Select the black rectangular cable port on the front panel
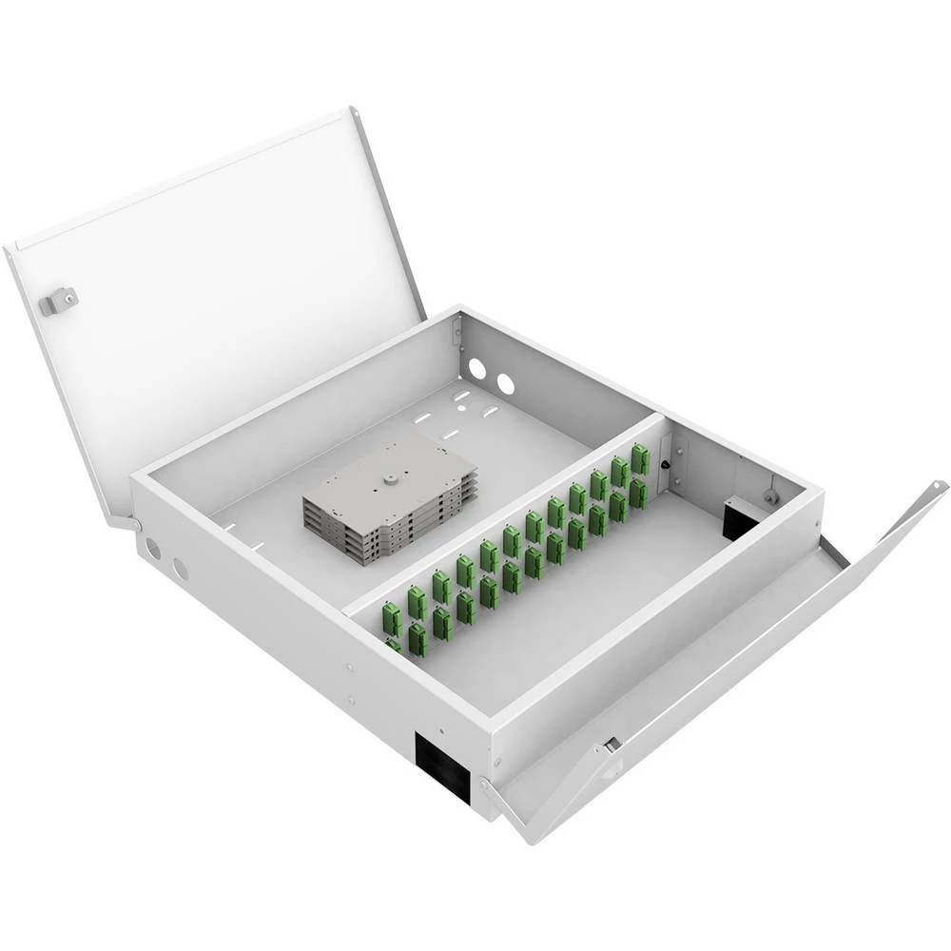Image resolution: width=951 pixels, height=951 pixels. point(443,767)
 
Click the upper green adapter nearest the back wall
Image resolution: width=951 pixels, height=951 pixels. point(640,459)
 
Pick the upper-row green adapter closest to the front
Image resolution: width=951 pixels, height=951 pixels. point(391,618)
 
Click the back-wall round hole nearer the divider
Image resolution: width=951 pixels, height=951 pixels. point(505,384)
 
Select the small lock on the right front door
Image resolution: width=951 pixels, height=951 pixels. point(611,745)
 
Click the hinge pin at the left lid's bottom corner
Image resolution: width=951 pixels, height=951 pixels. point(135,524)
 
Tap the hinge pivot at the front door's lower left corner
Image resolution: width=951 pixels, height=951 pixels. point(488,785)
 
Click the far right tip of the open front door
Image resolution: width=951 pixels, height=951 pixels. point(942,487)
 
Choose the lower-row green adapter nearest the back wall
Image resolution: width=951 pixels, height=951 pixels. point(638,492)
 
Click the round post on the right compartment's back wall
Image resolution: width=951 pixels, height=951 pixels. point(770,495)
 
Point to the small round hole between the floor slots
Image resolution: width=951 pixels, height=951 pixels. point(462,407)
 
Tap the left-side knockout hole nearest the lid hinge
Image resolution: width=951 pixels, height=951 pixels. point(153,549)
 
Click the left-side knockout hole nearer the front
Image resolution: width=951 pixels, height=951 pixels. point(181,569)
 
